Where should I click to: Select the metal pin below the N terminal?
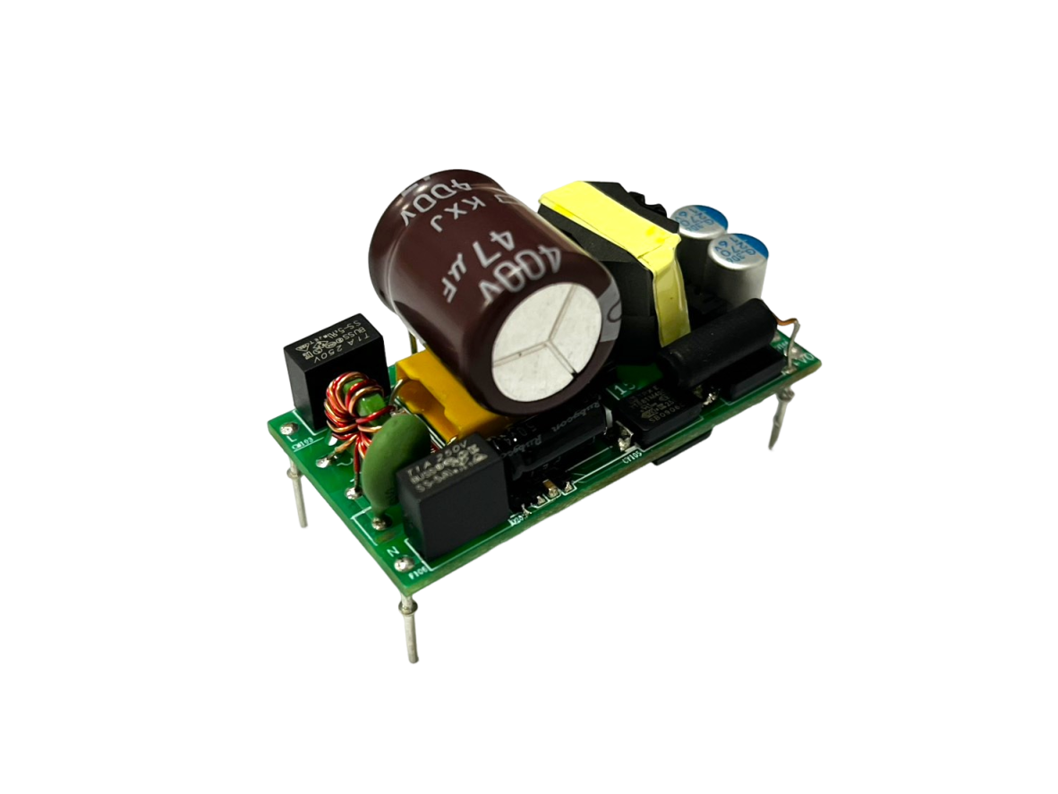409,627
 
